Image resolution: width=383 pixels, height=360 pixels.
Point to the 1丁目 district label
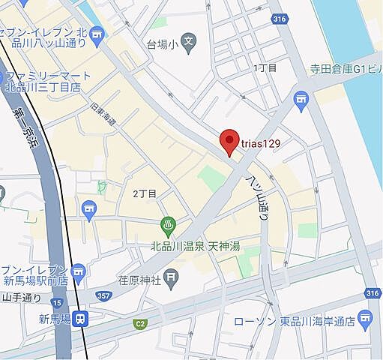click(x=265, y=68)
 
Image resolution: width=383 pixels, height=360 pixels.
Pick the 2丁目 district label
click(x=145, y=193)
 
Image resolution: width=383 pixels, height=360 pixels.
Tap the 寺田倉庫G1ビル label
click(x=341, y=70)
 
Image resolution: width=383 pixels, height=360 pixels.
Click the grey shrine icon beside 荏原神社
click(x=172, y=279)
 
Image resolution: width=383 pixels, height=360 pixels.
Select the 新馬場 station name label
click(x=55, y=319)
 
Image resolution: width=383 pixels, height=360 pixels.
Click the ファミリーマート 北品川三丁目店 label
click(x=48, y=81)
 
